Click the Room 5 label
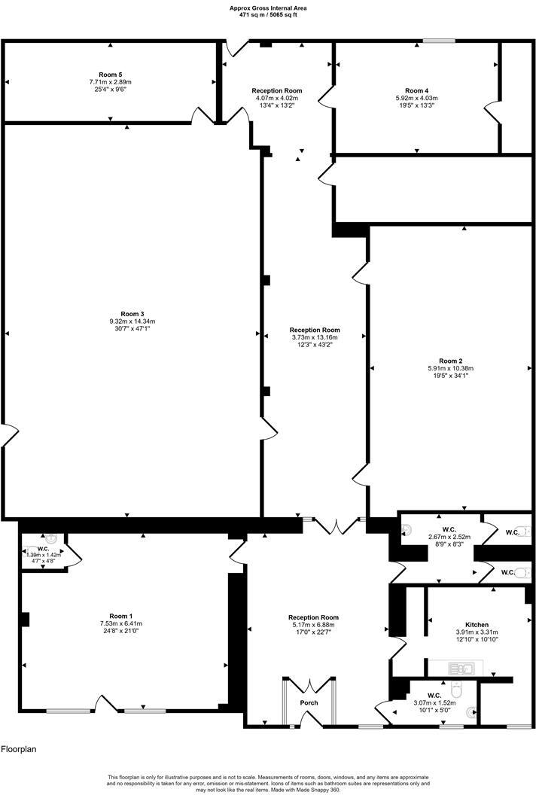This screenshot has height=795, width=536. tap(110, 75)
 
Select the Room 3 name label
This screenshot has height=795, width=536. tap(132, 314)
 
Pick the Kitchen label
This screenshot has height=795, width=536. tap(477, 625)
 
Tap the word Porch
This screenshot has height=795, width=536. tap(309, 703)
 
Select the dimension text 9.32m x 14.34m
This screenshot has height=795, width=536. tap(132, 321)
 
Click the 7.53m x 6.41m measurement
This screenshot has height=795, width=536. tap(126, 623)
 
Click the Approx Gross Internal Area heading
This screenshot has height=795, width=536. tap(268, 8)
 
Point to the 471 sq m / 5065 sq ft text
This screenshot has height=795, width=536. tap(268, 15)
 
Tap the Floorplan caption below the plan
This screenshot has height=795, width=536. tap(19, 750)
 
